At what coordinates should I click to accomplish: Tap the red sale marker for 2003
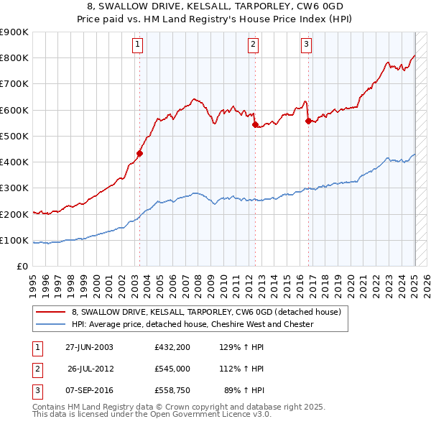pyautogui.click(x=140, y=153)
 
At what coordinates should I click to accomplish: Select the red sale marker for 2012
pyautogui.click(x=255, y=124)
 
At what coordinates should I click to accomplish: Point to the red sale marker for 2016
pyautogui.click(x=308, y=121)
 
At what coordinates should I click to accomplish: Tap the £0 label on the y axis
pyautogui.click(x=21, y=267)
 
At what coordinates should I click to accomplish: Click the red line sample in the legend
pyautogui.click(x=50, y=313)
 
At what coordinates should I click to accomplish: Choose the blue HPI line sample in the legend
pyautogui.click(x=50, y=324)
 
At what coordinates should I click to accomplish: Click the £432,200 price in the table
pyautogui.click(x=172, y=346)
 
